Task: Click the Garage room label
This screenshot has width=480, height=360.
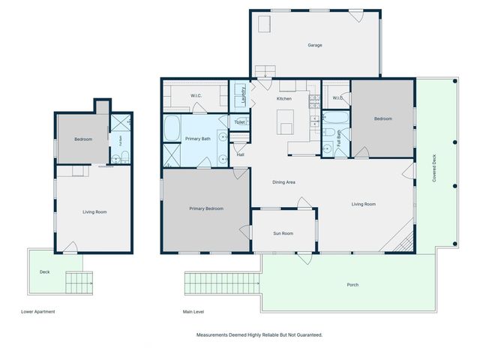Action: click(315, 45)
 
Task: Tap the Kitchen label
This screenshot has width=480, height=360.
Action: click(284, 98)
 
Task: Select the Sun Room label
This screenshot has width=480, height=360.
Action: click(283, 233)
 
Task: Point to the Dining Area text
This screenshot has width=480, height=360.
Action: click(283, 182)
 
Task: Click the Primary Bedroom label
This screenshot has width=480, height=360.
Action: click(206, 208)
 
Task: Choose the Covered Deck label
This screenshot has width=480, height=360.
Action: click(434, 168)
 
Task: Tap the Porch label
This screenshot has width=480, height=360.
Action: click(352, 285)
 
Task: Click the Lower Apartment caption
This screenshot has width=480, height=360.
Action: click(38, 312)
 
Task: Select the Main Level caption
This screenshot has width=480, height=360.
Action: click(193, 312)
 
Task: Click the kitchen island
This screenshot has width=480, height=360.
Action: click(285, 122)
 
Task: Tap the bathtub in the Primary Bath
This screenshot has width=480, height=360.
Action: click(172, 128)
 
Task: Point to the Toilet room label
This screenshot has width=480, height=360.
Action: click(240, 122)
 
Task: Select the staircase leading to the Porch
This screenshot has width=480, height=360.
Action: click(222, 283)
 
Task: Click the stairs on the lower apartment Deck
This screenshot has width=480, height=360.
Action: click(79, 283)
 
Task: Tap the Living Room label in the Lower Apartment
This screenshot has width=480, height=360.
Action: click(94, 211)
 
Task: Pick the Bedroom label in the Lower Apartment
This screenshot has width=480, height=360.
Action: click(83, 139)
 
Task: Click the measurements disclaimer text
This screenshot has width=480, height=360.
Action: click(259, 335)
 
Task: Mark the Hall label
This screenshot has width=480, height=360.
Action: click(240, 154)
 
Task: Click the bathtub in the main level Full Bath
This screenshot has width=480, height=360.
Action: click(336, 118)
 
